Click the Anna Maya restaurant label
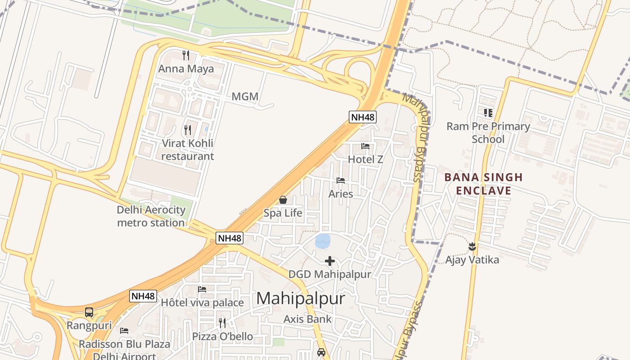(x=185, y=69)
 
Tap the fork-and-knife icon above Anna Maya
(x=185, y=55)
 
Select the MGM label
(x=245, y=96)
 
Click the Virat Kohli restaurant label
(x=188, y=150)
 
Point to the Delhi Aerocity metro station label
(x=151, y=216)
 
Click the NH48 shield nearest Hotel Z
(x=363, y=117)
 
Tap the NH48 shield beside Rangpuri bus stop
(x=143, y=296)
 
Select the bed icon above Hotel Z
(x=365, y=146)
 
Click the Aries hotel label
(x=341, y=194)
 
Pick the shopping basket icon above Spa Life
(x=283, y=199)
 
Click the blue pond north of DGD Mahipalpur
(x=323, y=241)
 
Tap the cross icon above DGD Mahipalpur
(x=330, y=261)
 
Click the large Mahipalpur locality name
(x=301, y=298)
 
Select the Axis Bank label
(x=307, y=319)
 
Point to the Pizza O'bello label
(x=222, y=337)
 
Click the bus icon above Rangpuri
(x=89, y=312)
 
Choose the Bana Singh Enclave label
(x=483, y=184)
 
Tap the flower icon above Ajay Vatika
(x=472, y=246)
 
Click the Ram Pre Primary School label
(x=488, y=133)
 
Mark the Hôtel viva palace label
(x=202, y=302)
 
